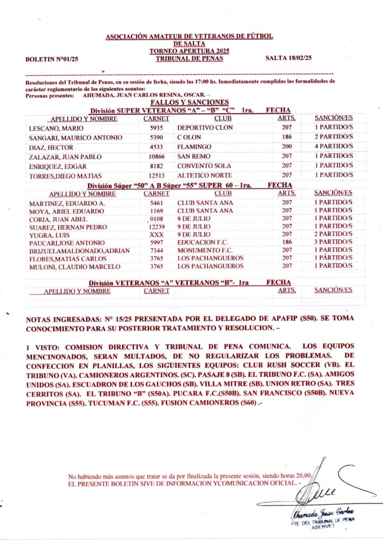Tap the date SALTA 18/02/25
[288, 58]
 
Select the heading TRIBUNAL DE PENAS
[189, 59]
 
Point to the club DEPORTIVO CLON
[205, 128]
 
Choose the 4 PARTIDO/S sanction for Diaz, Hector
[333, 146]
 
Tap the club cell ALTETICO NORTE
[205, 175]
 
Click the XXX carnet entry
[157, 235]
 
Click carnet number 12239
[157, 227]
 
